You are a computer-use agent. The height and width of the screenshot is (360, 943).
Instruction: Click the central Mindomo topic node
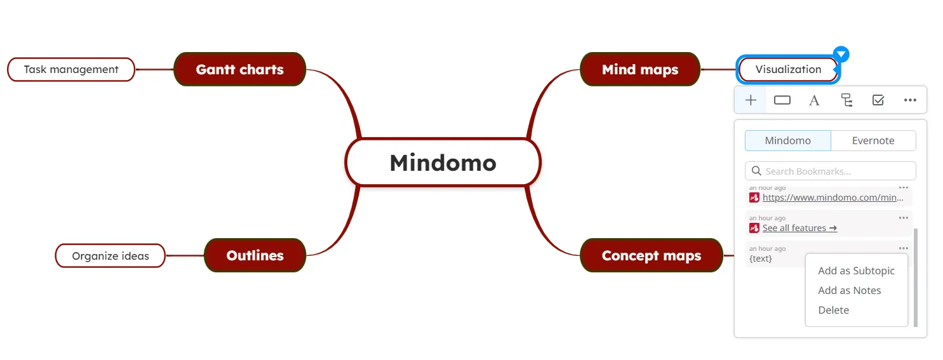[443, 163]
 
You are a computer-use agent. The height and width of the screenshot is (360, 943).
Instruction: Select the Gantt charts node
[239, 69]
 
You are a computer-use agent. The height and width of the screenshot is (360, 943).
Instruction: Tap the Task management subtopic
[71, 69]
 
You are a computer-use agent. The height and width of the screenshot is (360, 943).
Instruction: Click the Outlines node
[255, 255]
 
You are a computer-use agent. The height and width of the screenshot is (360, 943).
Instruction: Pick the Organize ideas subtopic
[110, 256]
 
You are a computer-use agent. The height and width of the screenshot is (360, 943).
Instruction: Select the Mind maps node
[640, 69]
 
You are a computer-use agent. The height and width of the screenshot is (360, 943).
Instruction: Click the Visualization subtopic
[788, 69]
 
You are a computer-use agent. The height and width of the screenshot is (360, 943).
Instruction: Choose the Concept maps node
[652, 255]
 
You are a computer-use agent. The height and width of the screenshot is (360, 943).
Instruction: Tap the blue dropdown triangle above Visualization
[841, 54]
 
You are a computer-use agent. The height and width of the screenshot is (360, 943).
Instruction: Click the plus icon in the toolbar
[751, 100]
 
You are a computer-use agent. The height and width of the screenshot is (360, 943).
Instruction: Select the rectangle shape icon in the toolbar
[782, 100]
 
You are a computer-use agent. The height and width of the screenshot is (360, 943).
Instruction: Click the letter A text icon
[814, 100]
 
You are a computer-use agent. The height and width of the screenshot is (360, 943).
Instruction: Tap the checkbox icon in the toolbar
[878, 100]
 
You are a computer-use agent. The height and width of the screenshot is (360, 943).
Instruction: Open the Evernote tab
[873, 141]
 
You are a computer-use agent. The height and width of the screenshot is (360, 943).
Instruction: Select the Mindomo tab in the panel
[787, 141]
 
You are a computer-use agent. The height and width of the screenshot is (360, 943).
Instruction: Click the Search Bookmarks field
[831, 171]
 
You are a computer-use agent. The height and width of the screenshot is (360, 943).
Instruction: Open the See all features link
[799, 228]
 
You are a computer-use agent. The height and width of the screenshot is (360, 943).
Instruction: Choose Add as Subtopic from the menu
[856, 270]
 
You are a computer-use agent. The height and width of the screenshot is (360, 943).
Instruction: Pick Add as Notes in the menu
[850, 290]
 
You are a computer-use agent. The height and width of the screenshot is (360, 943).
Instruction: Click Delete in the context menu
[833, 310]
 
